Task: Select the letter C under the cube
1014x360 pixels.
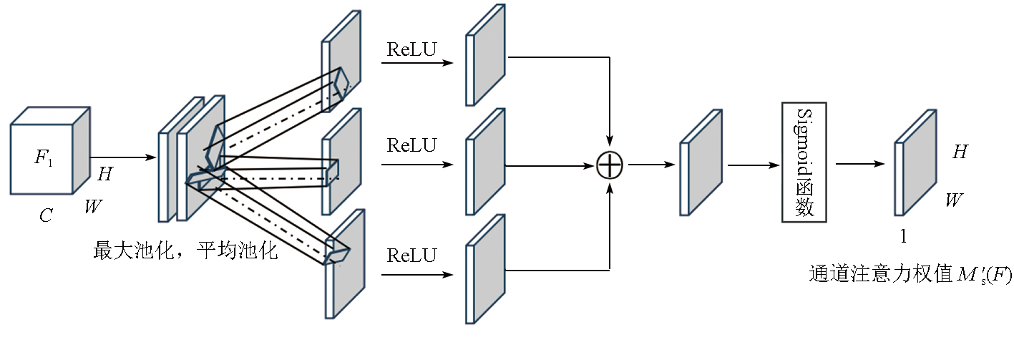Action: (x=46, y=215)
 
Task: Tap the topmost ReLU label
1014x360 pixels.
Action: (x=411, y=49)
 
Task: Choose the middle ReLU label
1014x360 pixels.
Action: (x=411, y=145)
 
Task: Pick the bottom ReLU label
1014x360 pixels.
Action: (x=411, y=256)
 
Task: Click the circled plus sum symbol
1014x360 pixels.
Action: (x=610, y=165)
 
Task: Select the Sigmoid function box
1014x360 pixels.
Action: (x=804, y=162)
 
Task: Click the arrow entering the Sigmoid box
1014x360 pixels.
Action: (x=754, y=165)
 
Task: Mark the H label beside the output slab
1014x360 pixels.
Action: (x=959, y=152)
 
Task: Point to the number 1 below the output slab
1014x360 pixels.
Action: (x=903, y=236)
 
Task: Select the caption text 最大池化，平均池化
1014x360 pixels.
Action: (x=185, y=251)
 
